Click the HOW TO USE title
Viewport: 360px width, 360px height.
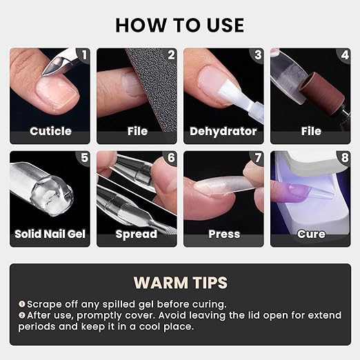(179, 25)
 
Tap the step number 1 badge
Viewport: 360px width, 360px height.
(84, 54)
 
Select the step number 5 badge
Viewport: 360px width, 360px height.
(84, 158)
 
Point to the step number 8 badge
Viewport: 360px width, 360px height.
(345, 158)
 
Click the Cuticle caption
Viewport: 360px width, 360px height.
(50, 131)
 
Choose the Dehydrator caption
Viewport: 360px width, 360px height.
(223, 131)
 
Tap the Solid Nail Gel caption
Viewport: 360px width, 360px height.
(50, 234)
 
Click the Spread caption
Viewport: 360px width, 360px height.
(137, 234)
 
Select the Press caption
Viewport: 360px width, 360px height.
(223, 234)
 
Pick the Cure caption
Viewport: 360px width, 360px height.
(310, 234)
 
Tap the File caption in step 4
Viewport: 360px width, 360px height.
(310, 131)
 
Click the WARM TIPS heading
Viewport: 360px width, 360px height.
(179, 283)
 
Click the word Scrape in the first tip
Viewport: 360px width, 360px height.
(43, 303)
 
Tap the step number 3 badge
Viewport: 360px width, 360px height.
(258, 54)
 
